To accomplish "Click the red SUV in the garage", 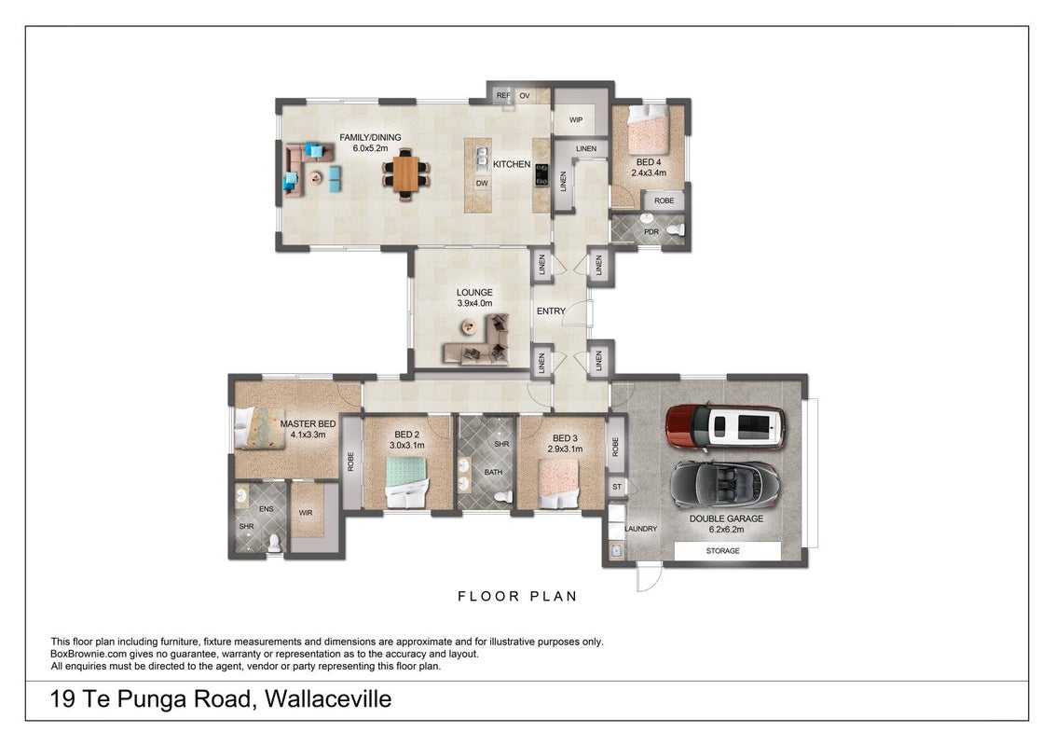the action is (725, 426).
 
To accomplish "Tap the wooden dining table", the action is (405, 173).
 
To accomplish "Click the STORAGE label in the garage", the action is (722, 551).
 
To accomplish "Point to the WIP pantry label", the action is (576, 120).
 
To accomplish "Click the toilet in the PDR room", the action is (674, 229).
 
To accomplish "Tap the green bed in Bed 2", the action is (407, 481).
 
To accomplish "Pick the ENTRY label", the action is (551, 311).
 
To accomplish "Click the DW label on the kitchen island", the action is (482, 183).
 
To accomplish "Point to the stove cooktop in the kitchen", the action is (541, 175).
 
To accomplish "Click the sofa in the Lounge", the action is (476, 343).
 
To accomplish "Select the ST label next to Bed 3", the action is (617, 487).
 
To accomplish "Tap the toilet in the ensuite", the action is (274, 544).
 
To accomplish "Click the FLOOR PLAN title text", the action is (517, 596).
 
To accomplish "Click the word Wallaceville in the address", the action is (328, 698).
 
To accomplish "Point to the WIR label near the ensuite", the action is (306, 513).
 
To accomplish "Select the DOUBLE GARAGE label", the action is (726, 518).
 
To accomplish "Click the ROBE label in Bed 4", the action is (665, 200).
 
